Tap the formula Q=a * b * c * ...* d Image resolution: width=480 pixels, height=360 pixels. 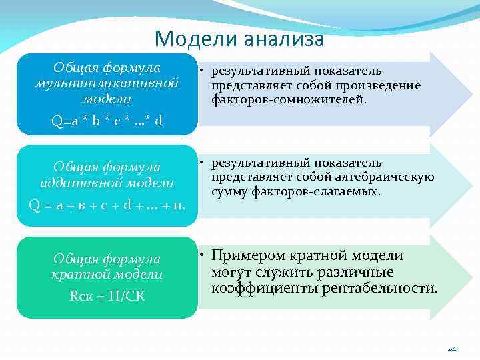click(x=107, y=121)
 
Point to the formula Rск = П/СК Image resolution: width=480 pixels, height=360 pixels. click(x=107, y=296)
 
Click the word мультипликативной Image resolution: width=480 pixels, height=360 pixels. click(x=107, y=83)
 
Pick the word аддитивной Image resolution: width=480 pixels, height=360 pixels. click(x=83, y=182)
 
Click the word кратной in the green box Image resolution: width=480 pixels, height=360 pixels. click(x=77, y=274)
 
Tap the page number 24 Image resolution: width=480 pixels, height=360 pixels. click(x=451, y=349)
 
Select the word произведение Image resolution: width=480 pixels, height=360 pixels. click(x=381, y=85)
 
